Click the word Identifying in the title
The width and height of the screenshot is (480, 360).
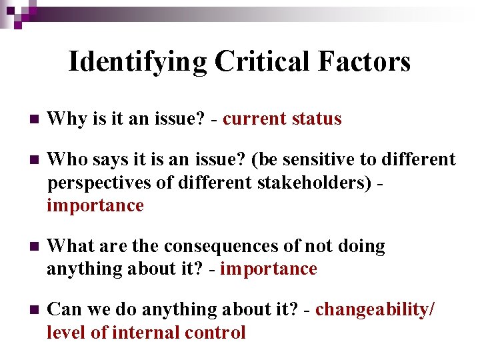pos(138,62)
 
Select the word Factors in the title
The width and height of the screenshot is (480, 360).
pos(364,62)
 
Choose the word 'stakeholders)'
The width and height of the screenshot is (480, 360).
pos(316,183)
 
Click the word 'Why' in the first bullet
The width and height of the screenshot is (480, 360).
pos(65,119)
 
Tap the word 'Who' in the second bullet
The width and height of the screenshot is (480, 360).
pos(65,159)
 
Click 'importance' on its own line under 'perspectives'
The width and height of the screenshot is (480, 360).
pos(95,205)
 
